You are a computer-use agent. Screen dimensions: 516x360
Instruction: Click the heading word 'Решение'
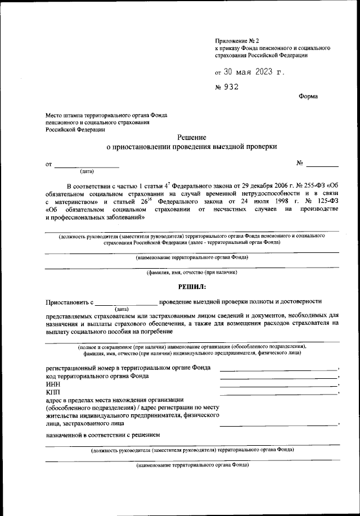[x=192, y=137]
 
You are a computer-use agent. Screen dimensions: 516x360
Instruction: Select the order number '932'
[x=231, y=87]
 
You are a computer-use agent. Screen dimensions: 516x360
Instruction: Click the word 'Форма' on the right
[x=308, y=96]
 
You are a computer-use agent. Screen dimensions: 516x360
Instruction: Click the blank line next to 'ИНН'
[x=278, y=385]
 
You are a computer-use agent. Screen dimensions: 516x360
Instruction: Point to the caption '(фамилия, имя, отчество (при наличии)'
[x=192, y=273]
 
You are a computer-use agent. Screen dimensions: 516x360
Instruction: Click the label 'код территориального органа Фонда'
[x=97, y=375]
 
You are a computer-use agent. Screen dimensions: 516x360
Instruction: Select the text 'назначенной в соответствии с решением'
[x=103, y=434]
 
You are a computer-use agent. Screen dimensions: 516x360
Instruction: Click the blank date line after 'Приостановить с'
[x=127, y=304]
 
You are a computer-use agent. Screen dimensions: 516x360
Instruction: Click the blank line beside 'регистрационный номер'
[x=278, y=369]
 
